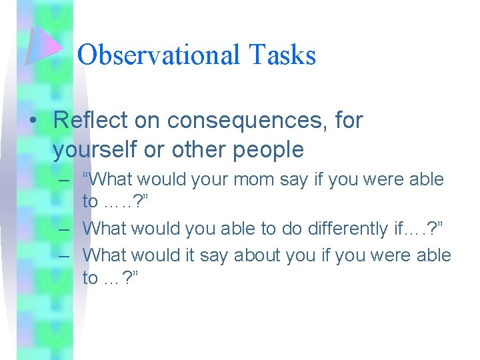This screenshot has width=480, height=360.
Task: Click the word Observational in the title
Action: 158,55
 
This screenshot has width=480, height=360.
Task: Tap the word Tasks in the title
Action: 281,55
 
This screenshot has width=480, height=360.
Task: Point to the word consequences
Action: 245,121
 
